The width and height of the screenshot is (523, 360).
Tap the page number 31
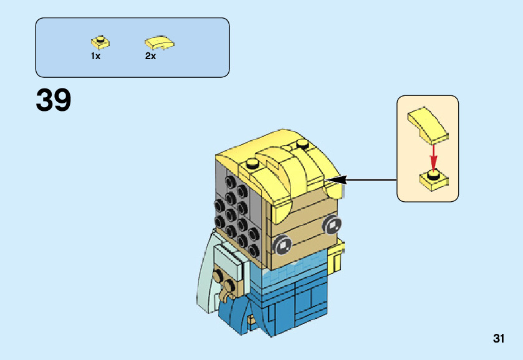point(498,339)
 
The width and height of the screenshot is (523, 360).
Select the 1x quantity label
point(95,56)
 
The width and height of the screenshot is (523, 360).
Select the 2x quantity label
point(150,56)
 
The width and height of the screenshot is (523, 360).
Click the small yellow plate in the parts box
point(99,42)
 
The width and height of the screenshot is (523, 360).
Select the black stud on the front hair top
point(252,164)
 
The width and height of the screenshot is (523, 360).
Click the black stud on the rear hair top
point(302,145)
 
